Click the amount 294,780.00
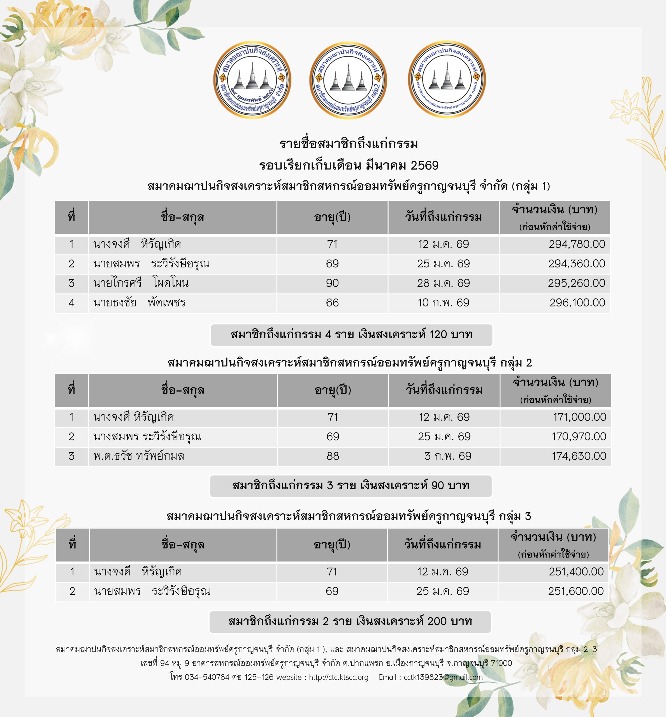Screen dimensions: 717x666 pyautogui.click(x=577, y=244)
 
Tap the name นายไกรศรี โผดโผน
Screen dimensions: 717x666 pyautogui.click(x=141, y=283)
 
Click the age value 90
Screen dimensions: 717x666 pyautogui.click(x=332, y=283)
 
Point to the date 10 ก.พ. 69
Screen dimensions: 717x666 pyautogui.click(x=443, y=303)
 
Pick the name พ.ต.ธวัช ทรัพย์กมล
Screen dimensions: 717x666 pyautogui.click(x=139, y=456)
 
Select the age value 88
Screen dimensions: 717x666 pyautogui.click(x=333, y=456)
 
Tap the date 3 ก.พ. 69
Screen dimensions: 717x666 pyautogui.click(x=448, y=456)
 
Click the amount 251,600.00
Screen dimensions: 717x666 pyautogui.click(x=576, y=591)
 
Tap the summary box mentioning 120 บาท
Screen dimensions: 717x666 pyautogui.click(x=351, y=335)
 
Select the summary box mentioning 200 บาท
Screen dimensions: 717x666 pyautogui.click(x=350, y=621)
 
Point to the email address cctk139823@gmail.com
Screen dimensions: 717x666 pyautogui.click(x=443, y=677)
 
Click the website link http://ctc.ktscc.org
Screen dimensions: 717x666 pyautogui.click(x=338, y=677)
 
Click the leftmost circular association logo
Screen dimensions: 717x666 pyautogui.click(x=252, y=79)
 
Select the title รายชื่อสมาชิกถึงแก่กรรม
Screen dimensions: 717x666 pyautogui.click(x=349, y=144)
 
